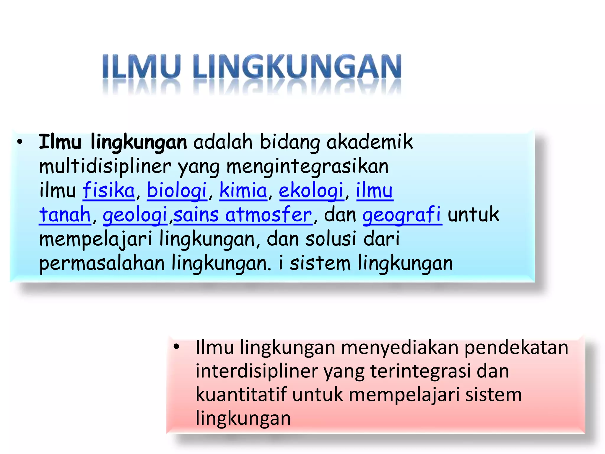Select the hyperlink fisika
108,191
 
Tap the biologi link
177,191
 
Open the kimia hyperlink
243,191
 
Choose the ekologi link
311,191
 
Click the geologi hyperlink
135,215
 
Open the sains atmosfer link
243,215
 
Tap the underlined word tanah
65,215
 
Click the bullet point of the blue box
20,142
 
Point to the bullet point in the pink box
176,347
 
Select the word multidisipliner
105,166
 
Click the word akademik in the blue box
369,142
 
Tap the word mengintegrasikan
307,166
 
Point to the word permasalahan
102,263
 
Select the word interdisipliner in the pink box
256,371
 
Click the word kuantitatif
241,395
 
